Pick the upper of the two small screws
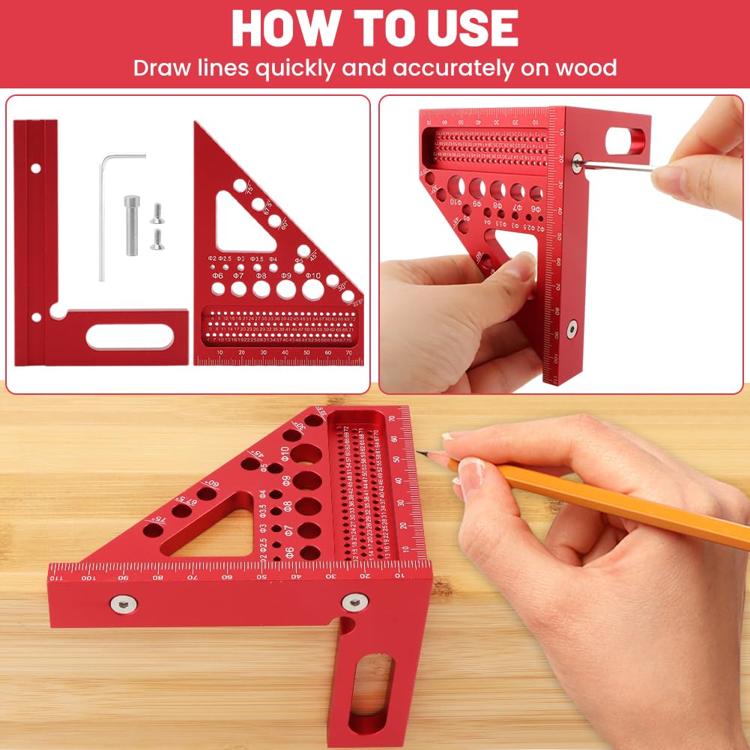pyautogui.click(x=156, y=215)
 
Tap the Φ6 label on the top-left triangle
pyautogui.click(x=217, y=276)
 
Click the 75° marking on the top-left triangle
pyautogui.click(x=249, y=193)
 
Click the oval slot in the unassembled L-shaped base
pyautogui.click(x=129, y=337)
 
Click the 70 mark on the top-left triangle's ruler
pyautogui.click(x=349, y=351)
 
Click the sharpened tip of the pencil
pyautogui.click(x=420, y=453)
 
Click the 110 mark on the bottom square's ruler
pyautogui.click(x=56, y=578)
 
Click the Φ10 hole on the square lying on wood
pyautogui.click(x=305, y=453)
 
